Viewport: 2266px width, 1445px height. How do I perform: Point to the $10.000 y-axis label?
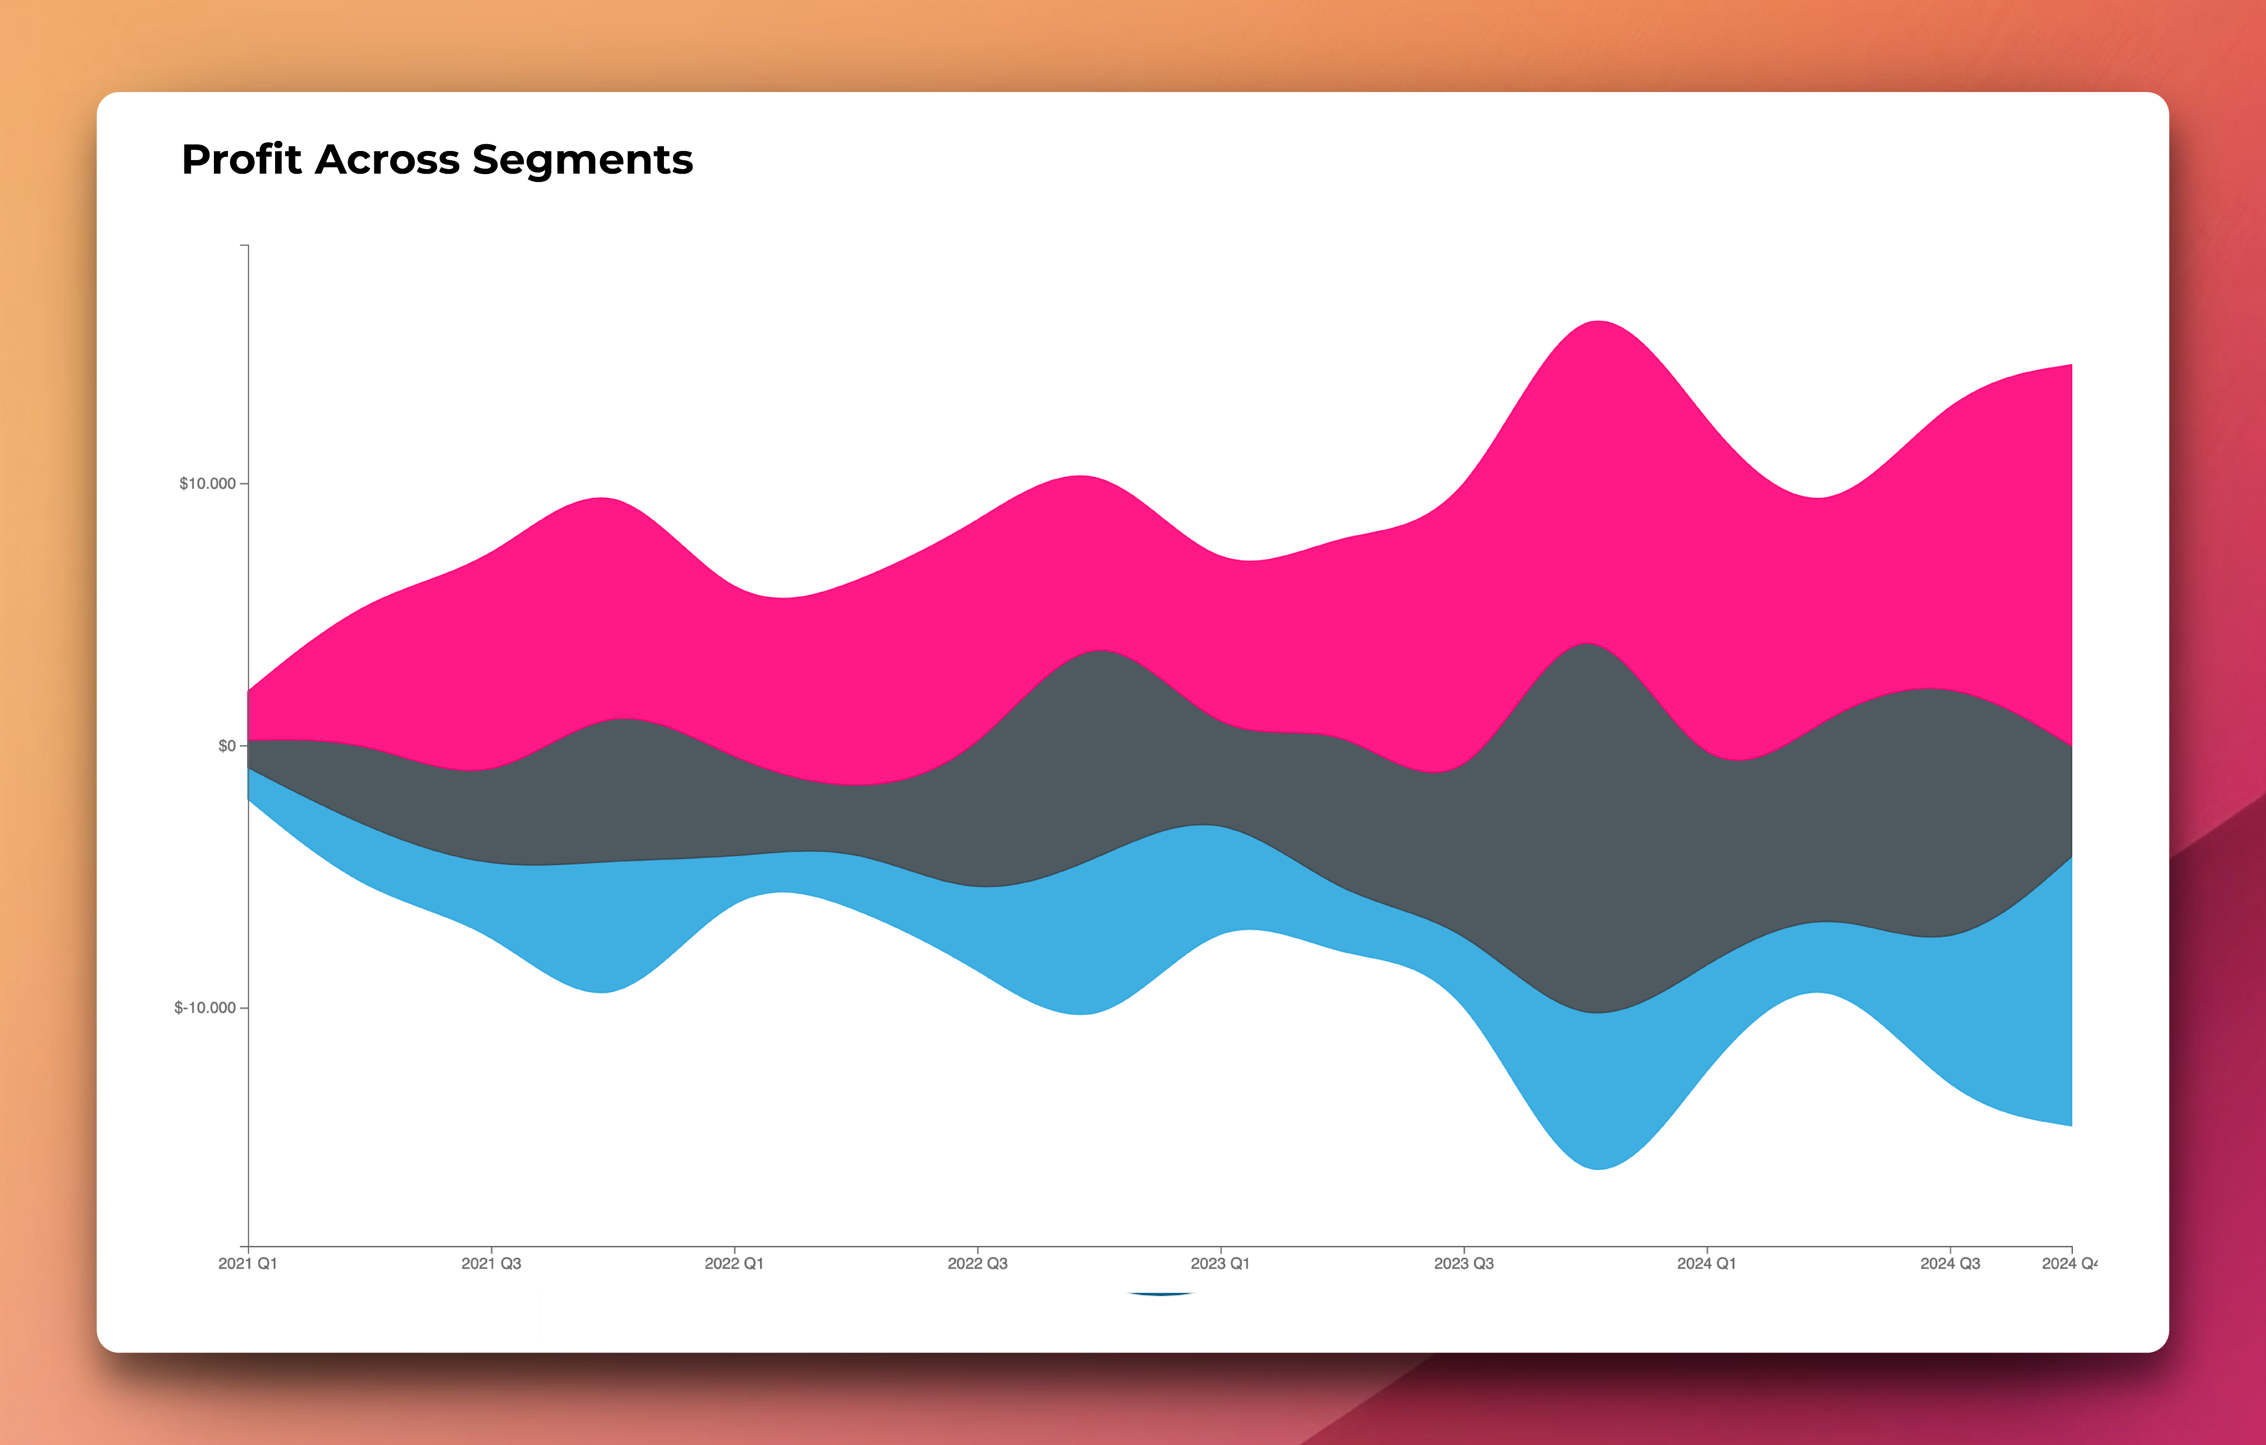(207, 484)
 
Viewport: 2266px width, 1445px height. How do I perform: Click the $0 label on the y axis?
(227, 745)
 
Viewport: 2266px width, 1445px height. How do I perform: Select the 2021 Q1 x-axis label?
(247, 1263)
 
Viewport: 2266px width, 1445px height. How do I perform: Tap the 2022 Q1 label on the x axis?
(734, 1263)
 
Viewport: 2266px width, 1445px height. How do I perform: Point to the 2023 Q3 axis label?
(1463, 1263)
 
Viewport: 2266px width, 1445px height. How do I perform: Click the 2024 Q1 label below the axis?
(1706, 1263)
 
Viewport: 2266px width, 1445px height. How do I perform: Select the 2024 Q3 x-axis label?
(1950, 1263)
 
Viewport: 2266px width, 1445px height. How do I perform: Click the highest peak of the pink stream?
(1598, 323)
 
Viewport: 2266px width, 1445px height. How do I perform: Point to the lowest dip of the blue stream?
(1598, 1168)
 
